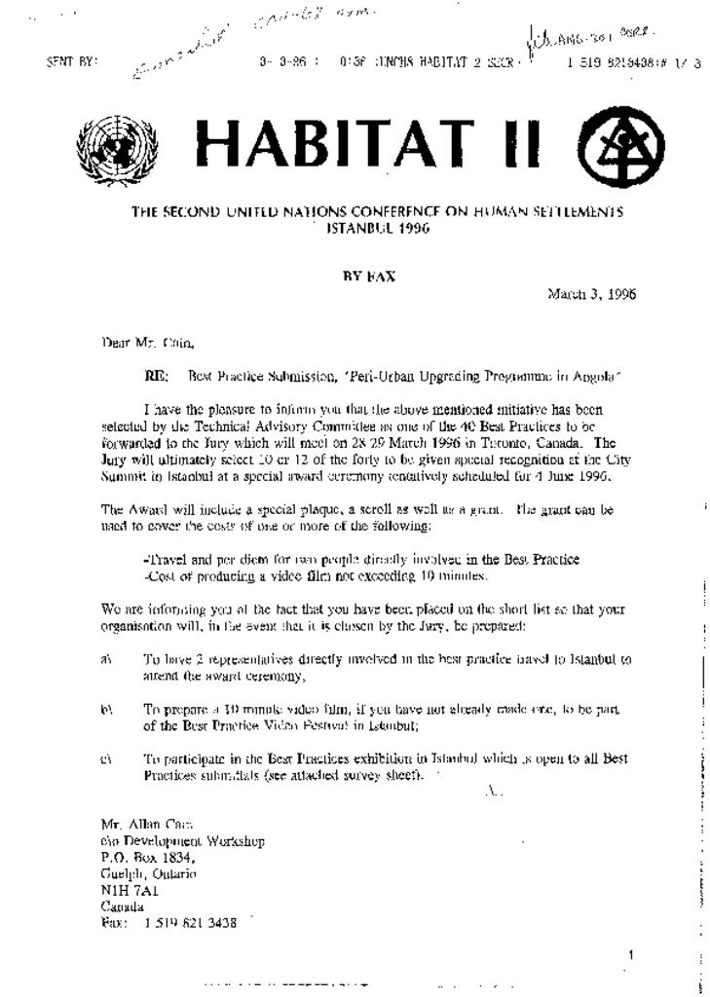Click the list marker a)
click(x=107, y=659)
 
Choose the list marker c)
click(x=107, y=759)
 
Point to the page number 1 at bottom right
click(x=630, y=955)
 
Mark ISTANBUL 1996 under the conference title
click(x=378, y=228)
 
